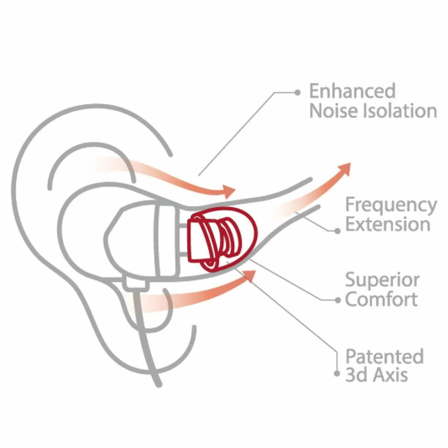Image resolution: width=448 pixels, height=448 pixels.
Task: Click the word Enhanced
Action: (352, 91)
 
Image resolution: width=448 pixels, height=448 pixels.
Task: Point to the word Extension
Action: (387, 224)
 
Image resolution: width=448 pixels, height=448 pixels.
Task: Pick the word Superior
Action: (382, 280)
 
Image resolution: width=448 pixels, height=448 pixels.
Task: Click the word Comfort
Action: (381, 299)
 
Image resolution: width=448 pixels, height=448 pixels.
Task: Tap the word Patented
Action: (385, 356)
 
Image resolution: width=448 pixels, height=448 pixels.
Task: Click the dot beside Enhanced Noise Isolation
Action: (297, 93)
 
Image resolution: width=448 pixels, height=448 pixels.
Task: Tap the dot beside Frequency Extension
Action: (337, 231)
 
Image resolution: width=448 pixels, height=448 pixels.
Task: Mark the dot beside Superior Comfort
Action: (337, 300)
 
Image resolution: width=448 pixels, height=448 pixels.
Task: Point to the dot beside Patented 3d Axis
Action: (337, 373)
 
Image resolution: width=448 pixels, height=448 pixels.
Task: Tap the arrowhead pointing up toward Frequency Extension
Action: (344, 169)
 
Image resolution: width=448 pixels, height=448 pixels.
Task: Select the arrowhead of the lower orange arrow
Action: (249, 275)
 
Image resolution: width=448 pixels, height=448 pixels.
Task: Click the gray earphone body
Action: (141, 241)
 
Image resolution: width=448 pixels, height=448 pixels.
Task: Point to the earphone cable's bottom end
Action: (158, 384)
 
